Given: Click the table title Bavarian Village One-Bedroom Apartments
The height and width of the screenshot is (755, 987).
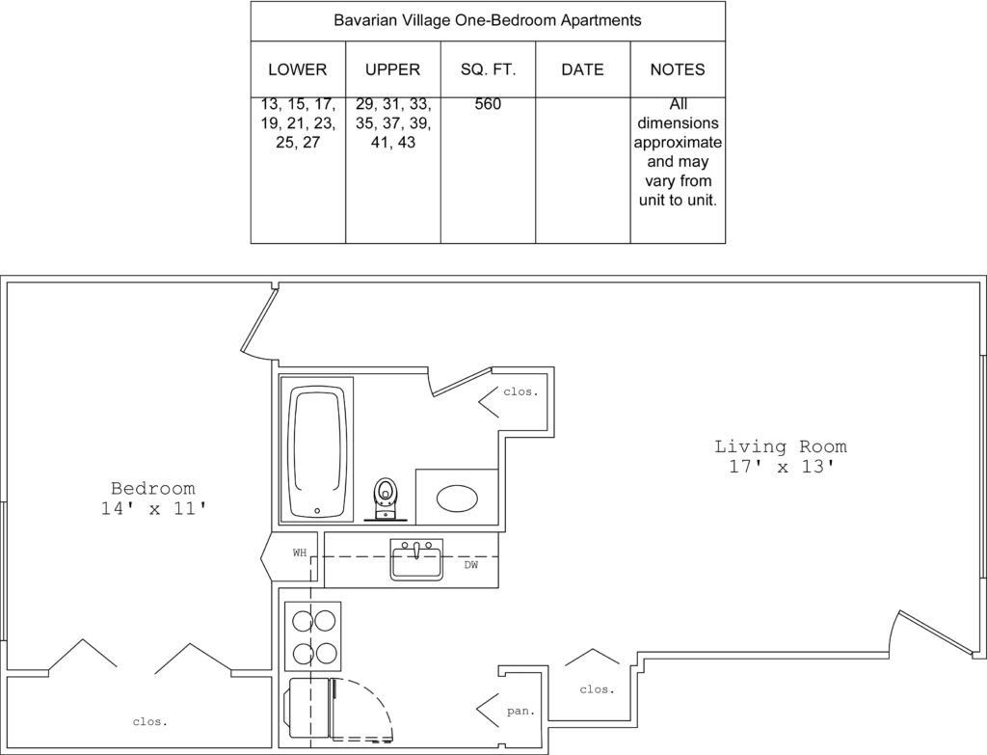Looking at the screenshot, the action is tap(487, 21).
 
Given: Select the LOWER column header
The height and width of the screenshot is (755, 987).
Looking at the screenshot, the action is tap(298, 69).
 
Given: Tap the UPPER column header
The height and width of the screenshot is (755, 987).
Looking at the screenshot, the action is tap(393, 69).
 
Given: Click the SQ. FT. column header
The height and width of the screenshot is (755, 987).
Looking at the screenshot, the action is tap(488, 69).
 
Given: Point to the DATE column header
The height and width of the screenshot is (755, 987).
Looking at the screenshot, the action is tap(582, 69).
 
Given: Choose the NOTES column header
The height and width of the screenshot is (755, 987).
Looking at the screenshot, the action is tap(678, 69).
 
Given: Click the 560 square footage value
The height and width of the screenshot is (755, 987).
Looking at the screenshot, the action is tap(488, 104).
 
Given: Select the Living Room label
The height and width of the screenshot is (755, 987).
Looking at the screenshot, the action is tap(781, 446).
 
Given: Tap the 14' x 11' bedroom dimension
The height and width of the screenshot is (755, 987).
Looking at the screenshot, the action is tap(153, 508).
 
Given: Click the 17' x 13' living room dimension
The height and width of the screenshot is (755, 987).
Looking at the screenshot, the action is tap(781, 468).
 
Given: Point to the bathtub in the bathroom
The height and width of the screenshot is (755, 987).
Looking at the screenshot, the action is tap(316, 449).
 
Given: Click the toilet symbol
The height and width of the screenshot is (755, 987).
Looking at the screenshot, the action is tap(386, 499).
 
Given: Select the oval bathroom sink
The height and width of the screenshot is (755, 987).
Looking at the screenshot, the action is tap(457, 499).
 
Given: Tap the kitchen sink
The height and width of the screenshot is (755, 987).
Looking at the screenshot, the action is tap(416, 559).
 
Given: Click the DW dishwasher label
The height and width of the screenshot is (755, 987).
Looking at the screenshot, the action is tap(471, 565).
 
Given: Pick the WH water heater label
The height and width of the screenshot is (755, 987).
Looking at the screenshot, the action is tap(300, 553).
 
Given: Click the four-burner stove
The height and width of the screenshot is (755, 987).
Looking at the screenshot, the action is tap(313, 636).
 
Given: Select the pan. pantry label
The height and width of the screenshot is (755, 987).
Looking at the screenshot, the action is tap(520, 711).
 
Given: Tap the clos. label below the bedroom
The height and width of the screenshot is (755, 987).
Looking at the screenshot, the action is tap(150, 721).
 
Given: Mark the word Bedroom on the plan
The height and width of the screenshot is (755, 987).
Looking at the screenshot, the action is tap(153, 488).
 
